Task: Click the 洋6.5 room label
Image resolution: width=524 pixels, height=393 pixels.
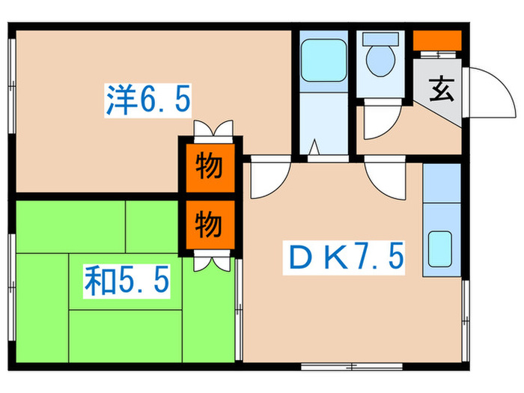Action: pos(147,98)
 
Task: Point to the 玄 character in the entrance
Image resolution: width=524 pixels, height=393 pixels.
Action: pos(440,92)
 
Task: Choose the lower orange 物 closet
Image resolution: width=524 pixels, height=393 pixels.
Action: pos(209,222)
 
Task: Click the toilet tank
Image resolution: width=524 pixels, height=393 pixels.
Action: pos(382,40)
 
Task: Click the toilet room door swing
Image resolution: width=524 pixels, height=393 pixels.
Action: pos(374,127)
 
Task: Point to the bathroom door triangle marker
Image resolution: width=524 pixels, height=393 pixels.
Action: pos(315,148)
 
